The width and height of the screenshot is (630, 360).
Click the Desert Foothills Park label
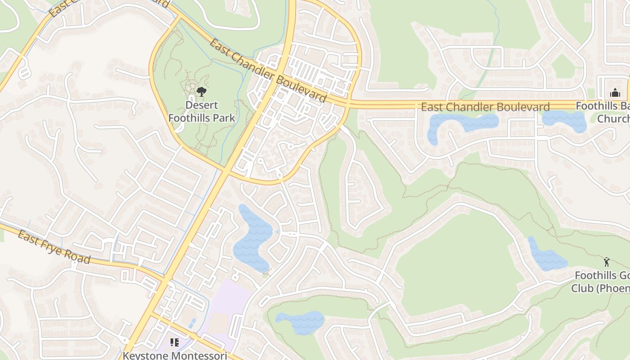tap(202, 112)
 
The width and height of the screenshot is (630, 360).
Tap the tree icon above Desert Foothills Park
tap(202, 92)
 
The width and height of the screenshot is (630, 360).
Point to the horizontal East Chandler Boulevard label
tap(485, 107)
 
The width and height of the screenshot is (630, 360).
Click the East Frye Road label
tap(54, 247)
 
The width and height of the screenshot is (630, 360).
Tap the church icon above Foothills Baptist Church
tap(615, 93)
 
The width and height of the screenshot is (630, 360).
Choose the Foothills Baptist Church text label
tap(603, 112)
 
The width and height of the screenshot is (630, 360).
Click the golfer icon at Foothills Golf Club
tap(607, 262)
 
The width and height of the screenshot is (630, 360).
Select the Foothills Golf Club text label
tap(601, 281)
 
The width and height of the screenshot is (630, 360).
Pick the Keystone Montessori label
tap(175, 355)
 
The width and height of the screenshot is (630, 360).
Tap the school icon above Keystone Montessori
tap(175, 342)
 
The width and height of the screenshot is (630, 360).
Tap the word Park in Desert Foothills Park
tap(219, 118)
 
